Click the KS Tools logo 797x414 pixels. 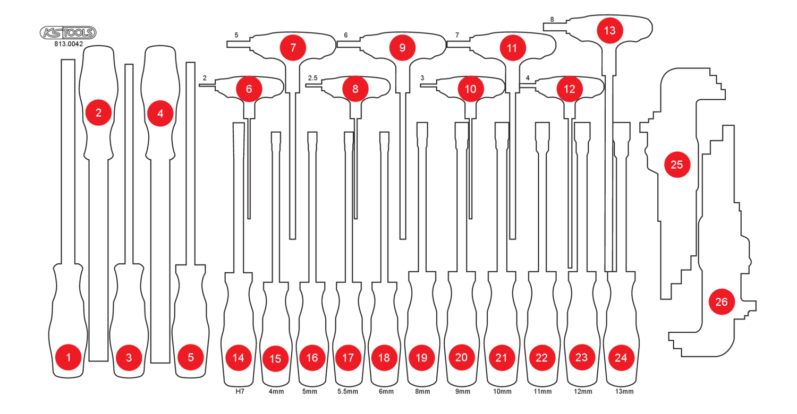68,33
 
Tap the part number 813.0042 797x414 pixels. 69,44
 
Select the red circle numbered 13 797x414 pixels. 609,31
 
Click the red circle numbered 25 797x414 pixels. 677,165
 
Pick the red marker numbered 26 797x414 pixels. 722,301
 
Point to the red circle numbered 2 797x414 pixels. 98,113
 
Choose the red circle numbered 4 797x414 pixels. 160,114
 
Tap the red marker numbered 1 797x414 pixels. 69,357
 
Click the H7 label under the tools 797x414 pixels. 240,392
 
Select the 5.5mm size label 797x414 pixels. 347,392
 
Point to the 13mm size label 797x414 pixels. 624,392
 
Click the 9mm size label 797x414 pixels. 463,392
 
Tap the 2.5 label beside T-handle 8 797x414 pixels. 313,78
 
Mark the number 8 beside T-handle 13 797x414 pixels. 552,19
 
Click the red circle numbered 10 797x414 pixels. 470,89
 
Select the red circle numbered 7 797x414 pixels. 293,48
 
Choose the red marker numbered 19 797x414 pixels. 422,358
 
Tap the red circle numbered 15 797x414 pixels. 275,359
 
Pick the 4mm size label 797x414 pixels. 276,392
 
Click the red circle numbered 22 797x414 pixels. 541,358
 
